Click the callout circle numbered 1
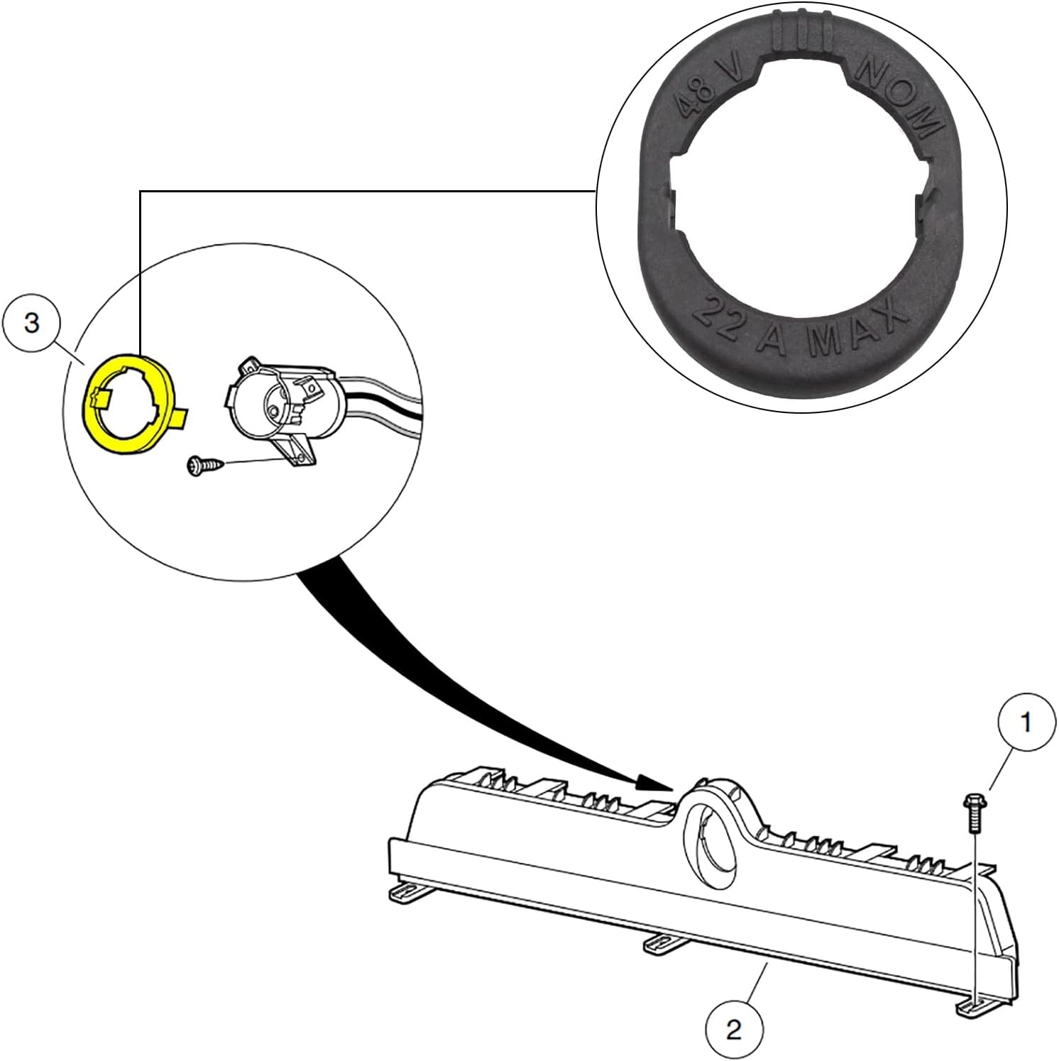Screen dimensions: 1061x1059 1026,722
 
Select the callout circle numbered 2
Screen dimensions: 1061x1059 734,1028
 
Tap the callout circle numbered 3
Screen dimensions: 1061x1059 31,323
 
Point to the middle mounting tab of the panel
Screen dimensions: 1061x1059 660,942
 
